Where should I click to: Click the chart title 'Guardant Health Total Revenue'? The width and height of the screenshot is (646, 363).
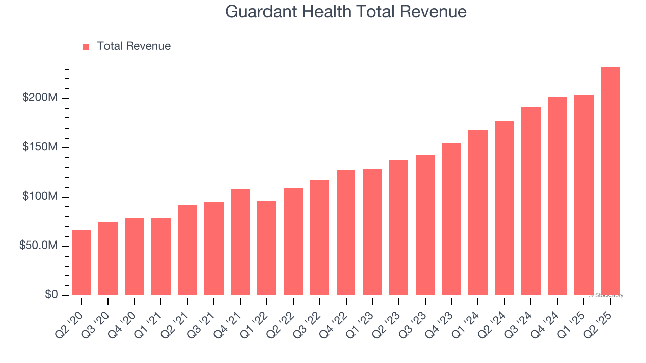[346, 11]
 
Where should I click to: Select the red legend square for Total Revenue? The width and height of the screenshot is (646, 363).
[86, 47]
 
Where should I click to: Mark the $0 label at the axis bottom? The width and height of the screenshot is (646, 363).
[51, 295]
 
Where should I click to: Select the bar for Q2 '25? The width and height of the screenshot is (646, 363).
[610, 181]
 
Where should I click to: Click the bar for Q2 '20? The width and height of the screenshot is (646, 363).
[82, 263]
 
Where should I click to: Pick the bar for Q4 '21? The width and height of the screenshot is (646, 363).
[240, 242]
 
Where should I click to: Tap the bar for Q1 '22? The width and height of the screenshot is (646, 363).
[266, 248]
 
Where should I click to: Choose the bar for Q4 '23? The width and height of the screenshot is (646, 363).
[452, 219]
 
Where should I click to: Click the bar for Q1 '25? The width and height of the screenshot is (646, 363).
[584, 195]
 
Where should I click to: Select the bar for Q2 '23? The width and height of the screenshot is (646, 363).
[399, 227]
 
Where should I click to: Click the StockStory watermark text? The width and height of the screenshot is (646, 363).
[606, 295]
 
